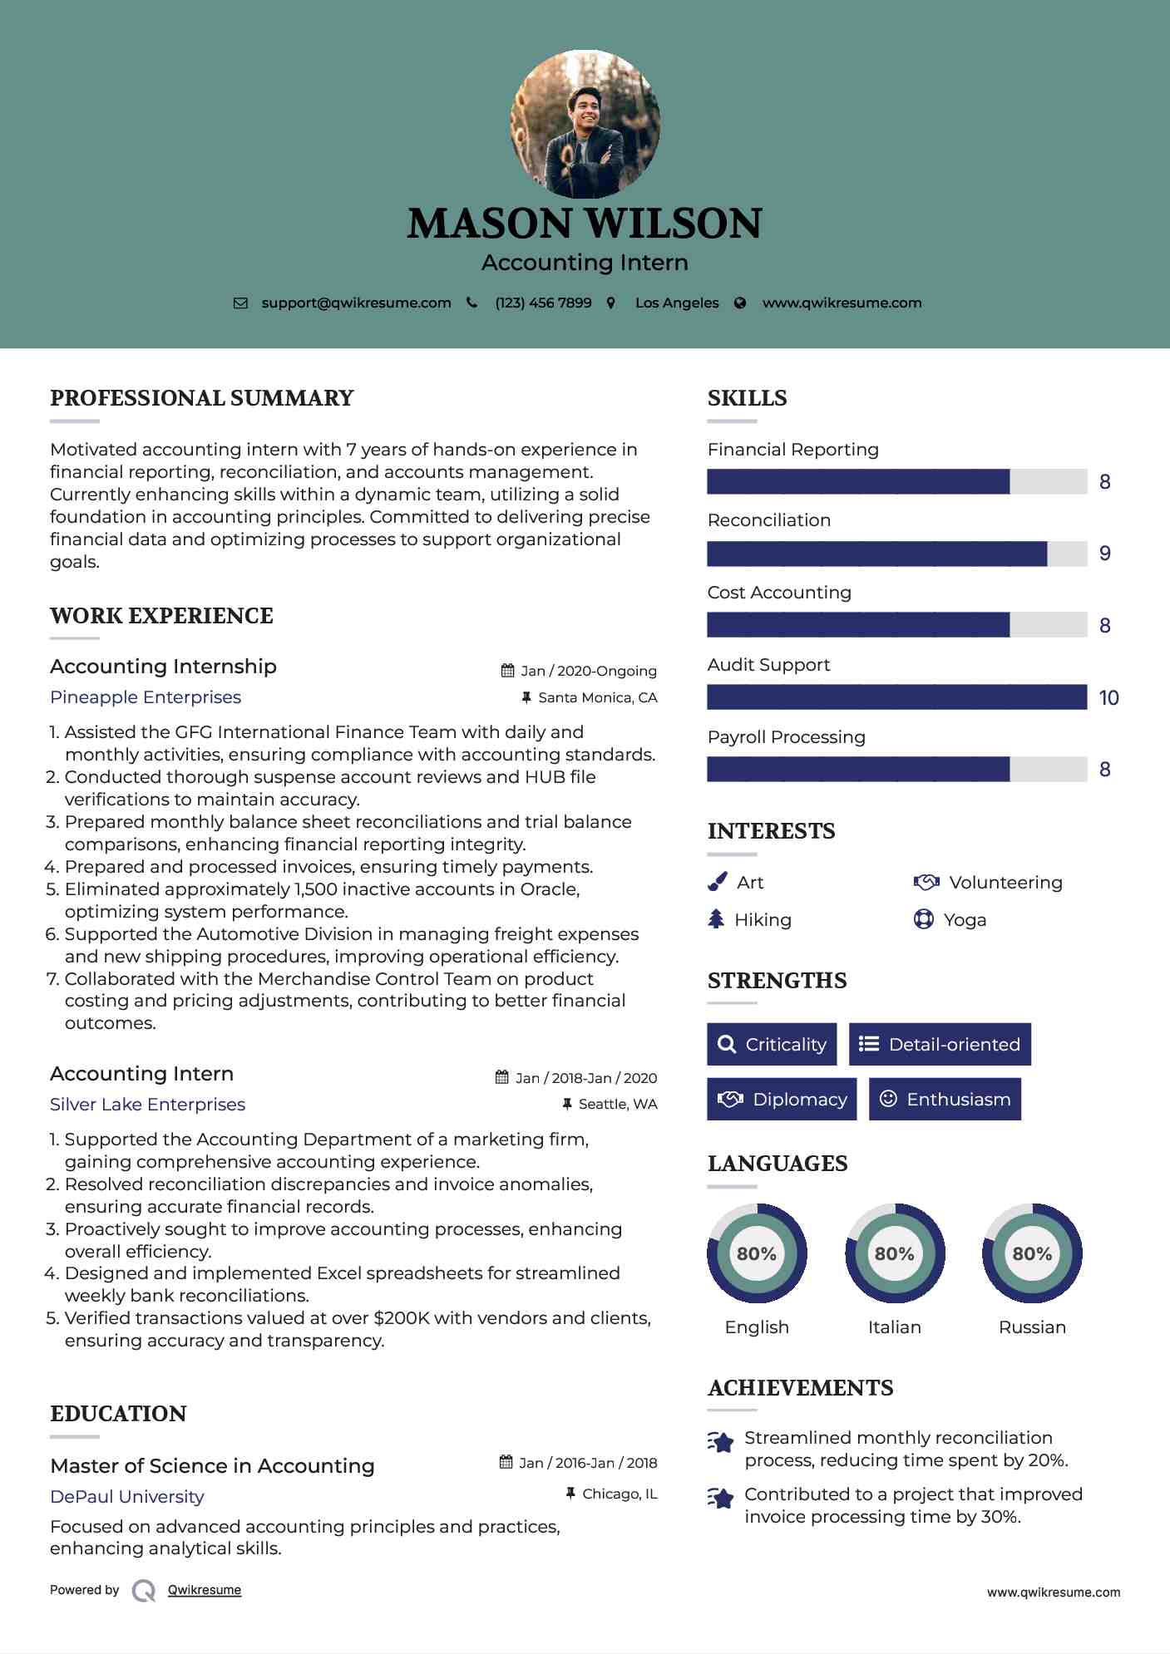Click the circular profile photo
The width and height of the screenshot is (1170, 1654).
pyautogui.click(x=585, y=125)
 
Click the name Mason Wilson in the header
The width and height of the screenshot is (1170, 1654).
pyautogui.click(x=585, y=224)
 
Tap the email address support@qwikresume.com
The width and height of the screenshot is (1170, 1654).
pyautogui.click(x=356, y=303)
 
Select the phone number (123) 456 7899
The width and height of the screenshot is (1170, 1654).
pyautogui.click(x=543, y=303)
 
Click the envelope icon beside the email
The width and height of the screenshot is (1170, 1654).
pyautogui.click(x=240, y=303)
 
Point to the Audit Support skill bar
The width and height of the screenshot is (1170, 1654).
pyautogui.click(x=896, y=697)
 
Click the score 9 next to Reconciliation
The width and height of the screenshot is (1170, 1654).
pyautogui.click(x=1104, y=554)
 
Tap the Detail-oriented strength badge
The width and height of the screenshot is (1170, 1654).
pyautogui.click(x=940, y=1044)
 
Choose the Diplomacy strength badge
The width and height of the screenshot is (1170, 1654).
pyautogui.click(x=782, y=1099)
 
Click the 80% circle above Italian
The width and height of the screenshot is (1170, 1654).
pyautogui.click(x=895, y=1253)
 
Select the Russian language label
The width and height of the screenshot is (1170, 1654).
pyautogui.click(x=1032, y=1327)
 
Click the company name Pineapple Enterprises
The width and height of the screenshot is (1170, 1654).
pyautogui.click(x=146, y=697)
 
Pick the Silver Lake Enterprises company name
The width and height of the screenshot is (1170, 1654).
pyautogui.click(x=147, y=1105)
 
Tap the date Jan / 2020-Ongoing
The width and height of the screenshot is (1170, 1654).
pyautogui.click(x=589, y=671)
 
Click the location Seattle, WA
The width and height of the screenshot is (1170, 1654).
pyautogui.click(x=618, y=1104)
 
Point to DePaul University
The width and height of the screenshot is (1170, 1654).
pyautogui.click(x=126, y=1497)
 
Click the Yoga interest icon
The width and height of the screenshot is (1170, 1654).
pyautogui.click(x=923, y=919)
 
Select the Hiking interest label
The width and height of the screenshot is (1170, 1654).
pyautogui.click(x=763, y=920)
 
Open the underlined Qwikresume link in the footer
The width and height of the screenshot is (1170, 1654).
pyautogui.click(x=205, y=1590)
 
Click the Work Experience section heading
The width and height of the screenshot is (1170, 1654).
pyautogui.click(x=161, y=616)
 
